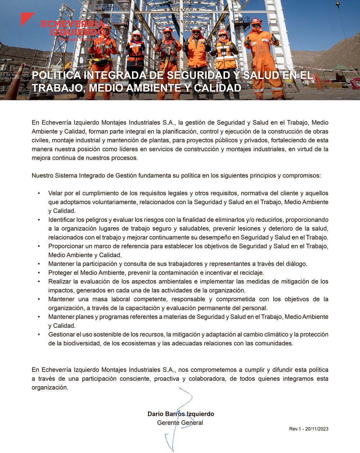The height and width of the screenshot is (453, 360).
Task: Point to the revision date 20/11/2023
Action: (317, 429)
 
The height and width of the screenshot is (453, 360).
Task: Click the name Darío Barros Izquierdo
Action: (181, 414)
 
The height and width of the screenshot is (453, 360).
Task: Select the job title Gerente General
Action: (180, 422)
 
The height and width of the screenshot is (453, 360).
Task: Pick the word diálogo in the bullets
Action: (296, 264)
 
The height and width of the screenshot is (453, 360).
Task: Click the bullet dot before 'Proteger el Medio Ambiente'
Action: (39, 273)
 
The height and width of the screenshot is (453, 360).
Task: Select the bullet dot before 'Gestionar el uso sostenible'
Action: (39, 335)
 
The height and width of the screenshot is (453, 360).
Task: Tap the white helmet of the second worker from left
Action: (136, 33)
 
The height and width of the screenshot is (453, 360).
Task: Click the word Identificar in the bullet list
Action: (62, 220)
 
